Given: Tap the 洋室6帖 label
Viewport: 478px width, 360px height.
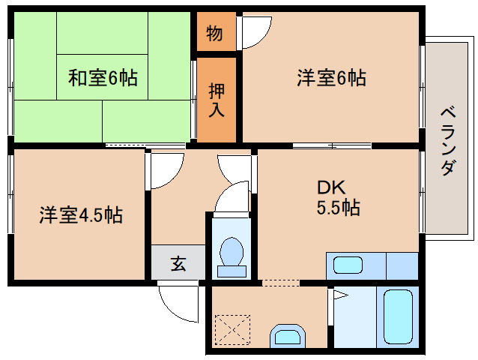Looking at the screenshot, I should click(x=331, y=77).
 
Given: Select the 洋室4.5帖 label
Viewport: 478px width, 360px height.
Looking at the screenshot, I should click(x=81, y=216).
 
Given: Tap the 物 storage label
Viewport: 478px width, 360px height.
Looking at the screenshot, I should click(x=214, y=33).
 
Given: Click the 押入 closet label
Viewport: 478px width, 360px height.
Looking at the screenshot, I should click(x=216, y=99).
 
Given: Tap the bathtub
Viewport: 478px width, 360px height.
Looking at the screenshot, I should click(x=398, y=317).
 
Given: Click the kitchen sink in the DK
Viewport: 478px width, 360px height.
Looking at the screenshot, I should click(x=348, y=265).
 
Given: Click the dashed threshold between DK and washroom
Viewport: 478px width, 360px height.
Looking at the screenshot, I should click(x=279, y=283).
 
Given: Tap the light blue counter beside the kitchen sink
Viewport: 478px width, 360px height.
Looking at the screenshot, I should click(x=402, y=265).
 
